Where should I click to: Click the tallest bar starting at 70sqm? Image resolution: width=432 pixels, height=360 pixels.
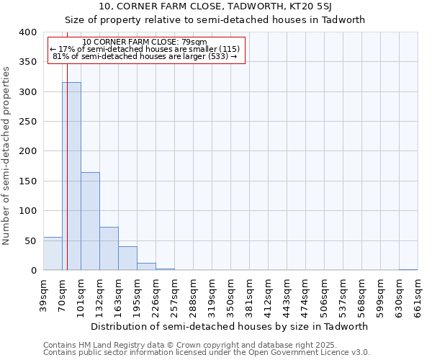pos(71,176)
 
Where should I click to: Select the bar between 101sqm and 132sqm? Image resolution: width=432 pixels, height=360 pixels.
pos(90,221)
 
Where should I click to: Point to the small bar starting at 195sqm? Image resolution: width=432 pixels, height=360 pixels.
pos(146,266)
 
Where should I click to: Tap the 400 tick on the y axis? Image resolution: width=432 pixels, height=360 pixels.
pos(27,32)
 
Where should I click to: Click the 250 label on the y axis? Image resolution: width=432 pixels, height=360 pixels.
pos(27,122)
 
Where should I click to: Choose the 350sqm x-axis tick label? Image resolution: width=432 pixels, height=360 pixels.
pos(230,296)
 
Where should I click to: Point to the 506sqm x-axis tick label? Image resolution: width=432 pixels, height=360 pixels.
pos(324,296)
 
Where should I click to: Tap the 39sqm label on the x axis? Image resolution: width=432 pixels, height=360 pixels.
pos(43,296)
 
